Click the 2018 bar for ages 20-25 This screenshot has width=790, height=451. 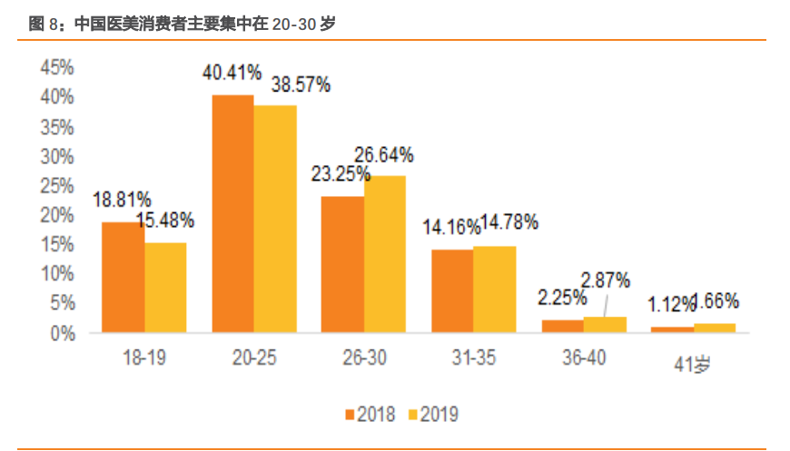pos(233,213)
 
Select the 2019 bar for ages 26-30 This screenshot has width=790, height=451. pos(385,254)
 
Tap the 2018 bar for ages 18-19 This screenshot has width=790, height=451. pos(123,277)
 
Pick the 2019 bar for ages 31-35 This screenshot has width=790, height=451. pos(495,289)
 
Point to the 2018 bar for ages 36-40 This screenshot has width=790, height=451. pos(562,326)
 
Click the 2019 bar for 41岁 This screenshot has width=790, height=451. pos(715,328)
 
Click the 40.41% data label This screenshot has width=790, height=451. pos(232,73)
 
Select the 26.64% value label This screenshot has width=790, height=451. pos(383,154)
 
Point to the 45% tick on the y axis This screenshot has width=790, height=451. pos(57,68)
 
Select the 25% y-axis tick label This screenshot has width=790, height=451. pos(57,186)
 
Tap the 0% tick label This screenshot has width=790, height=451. pos(62,333)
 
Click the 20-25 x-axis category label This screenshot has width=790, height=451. pos(254,358)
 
